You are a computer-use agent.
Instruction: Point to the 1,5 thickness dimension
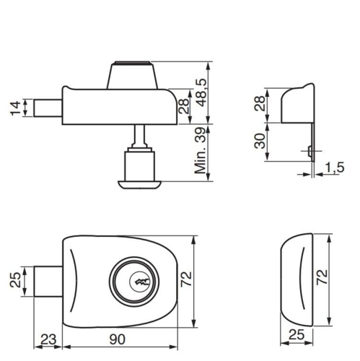(333, 168)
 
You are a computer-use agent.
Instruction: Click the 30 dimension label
(258, 142)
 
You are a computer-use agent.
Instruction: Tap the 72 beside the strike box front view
(322, 277)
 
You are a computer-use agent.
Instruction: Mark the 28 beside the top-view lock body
(185, 107)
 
